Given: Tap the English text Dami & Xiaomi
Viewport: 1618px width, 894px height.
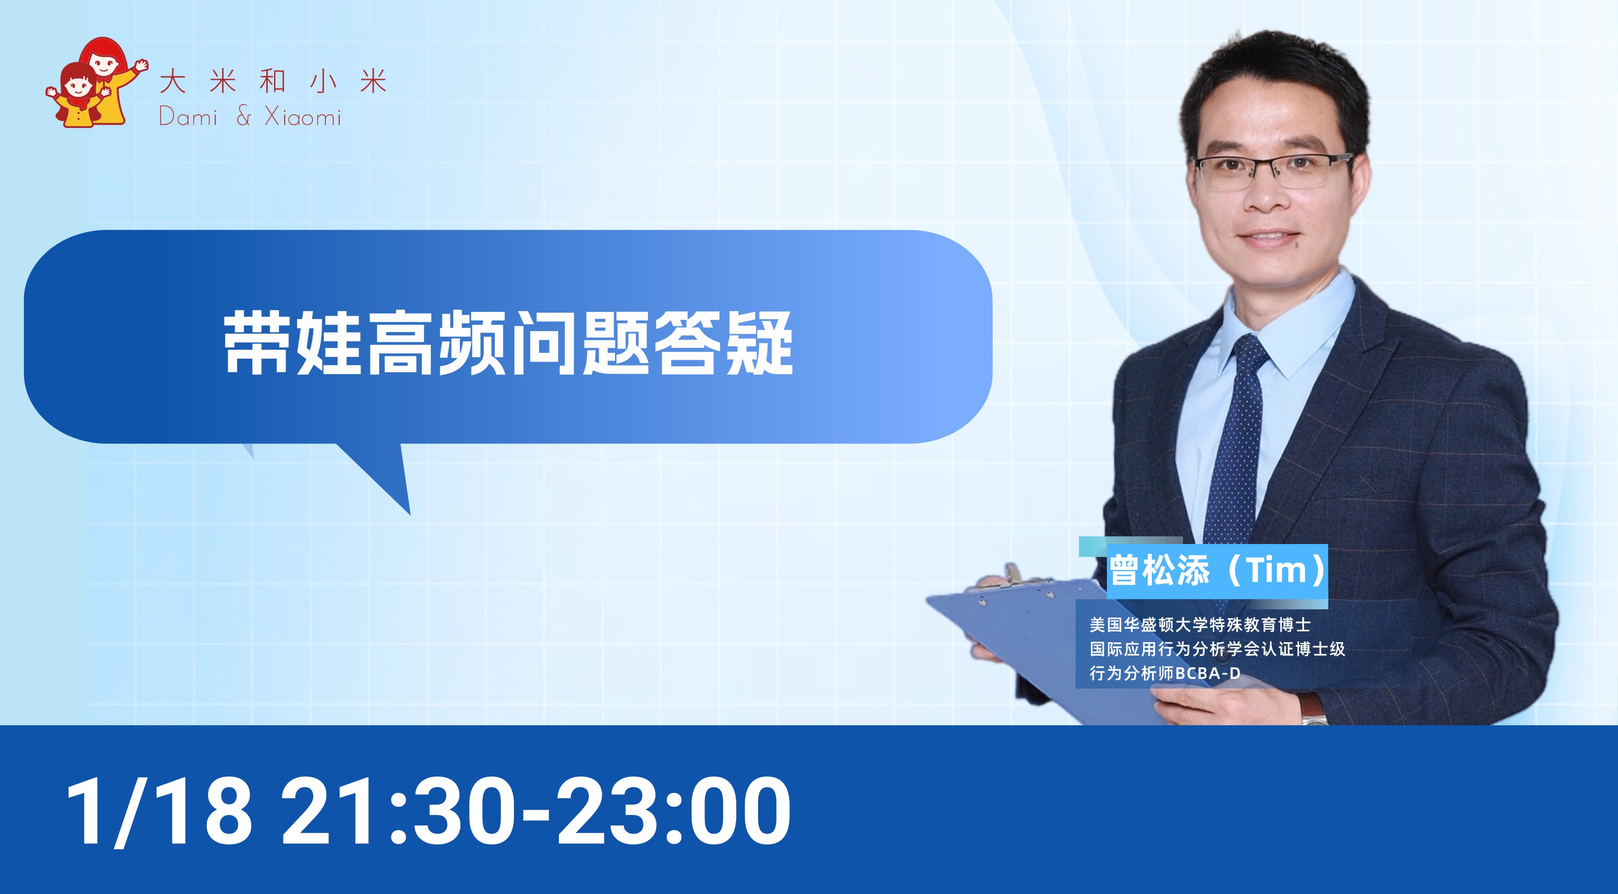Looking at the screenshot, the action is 250,117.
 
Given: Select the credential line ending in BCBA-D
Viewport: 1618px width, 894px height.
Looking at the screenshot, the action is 1165,673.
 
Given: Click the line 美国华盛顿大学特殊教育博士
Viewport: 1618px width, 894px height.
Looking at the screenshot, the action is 1200,625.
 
